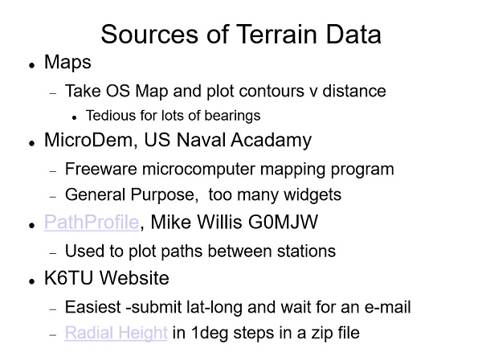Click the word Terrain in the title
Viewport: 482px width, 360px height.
coord(276,34)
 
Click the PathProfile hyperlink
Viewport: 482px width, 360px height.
coord(92,222)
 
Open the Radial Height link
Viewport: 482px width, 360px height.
coord(116,333)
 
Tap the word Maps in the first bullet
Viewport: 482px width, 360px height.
coord(67,63)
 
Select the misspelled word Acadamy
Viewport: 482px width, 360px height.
coord(271,141)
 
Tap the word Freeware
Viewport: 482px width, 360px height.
coord(101,169)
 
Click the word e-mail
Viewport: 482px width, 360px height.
coord(387,307)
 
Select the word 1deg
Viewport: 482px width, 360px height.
coord(210,333)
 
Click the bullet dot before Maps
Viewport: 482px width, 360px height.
coord(31,65)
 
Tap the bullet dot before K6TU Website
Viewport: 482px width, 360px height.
coord(31,280)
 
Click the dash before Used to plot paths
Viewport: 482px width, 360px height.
coord(53,253)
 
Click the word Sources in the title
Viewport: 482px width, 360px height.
coord(149,34)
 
